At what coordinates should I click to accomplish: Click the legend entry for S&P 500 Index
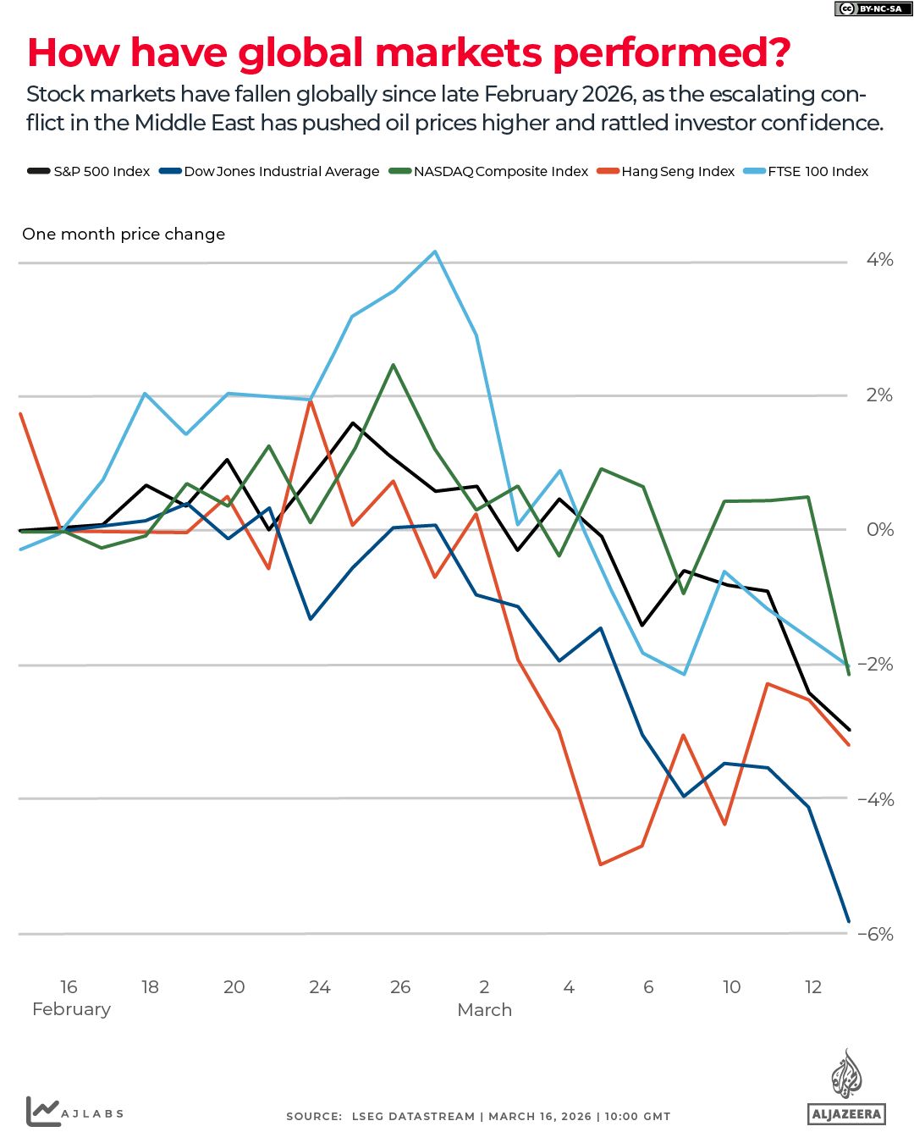click(x=90, y=171)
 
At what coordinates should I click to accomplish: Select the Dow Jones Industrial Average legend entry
click(x=271, y=171)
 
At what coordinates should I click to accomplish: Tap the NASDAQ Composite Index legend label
click(x=490, y=171)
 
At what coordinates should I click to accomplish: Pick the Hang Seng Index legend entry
click(x=668, y=171)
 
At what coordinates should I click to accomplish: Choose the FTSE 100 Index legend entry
click(x=807, y=171)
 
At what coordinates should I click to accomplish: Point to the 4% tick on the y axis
click(x=879, y=260)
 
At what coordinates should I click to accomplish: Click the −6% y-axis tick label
click(x=875, y=934)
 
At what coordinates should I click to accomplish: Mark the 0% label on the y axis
click(x=879, y=529)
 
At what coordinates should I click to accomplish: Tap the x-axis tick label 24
click(x=319, y=987)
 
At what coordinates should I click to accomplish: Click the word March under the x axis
click(x=484, y=1010)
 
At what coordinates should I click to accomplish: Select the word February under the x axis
click(x=71, y=1009)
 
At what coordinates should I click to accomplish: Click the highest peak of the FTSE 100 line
click(x=435, y=251)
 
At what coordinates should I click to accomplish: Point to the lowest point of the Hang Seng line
click(x=600, y=864)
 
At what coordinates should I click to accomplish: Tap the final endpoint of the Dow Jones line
click(x=848, y=921)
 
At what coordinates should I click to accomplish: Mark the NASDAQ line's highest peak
click(x=394, y=365)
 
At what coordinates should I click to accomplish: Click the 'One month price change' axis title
click(x=124, y=234)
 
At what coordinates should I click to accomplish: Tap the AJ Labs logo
click(x=74, y=1112)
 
